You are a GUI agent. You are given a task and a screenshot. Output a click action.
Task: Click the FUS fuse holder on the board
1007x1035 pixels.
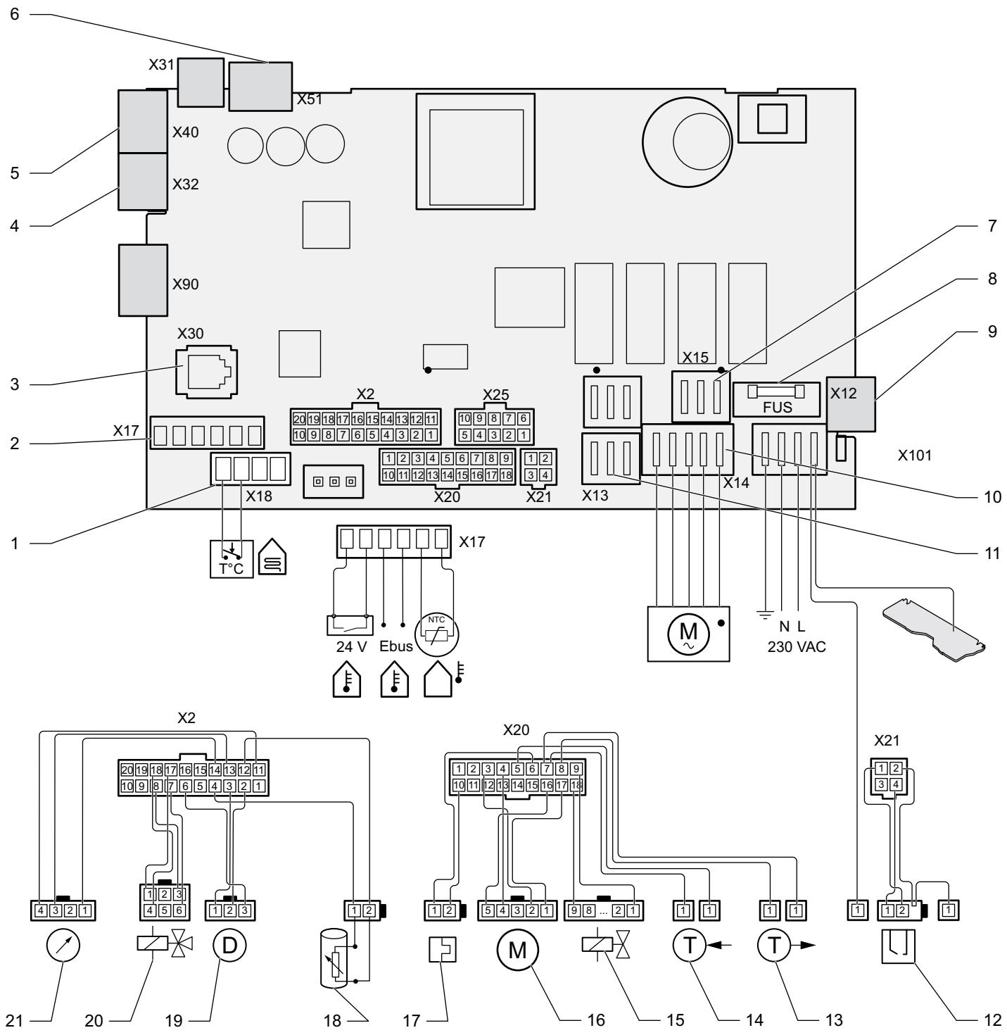click(777, 399)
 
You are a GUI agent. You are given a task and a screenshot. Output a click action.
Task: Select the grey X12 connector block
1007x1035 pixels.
click(851, 403)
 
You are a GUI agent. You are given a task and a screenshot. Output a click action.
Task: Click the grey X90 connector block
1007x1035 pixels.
click(143, 280)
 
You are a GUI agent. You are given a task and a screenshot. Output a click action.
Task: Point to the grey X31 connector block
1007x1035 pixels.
click(201, 82)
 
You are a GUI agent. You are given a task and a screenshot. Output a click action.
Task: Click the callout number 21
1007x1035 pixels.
click(14, 1020)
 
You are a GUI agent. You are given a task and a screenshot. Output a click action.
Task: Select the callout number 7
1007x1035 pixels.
click(992, 225)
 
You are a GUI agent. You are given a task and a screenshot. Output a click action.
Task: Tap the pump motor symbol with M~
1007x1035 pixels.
click(688, 634)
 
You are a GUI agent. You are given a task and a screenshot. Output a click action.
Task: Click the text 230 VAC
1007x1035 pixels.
click(797, 647)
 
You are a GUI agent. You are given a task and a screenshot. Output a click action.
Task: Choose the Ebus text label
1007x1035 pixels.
click(396, 646)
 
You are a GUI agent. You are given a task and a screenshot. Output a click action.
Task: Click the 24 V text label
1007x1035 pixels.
click(351, 646)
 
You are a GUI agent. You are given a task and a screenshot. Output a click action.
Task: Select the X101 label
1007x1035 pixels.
click(915, 456)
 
